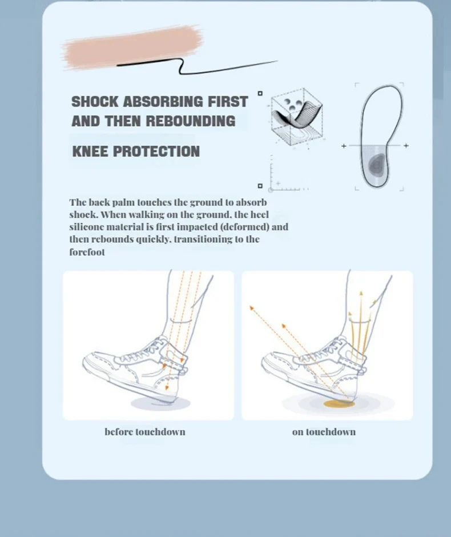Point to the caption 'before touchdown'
tap(145, 431)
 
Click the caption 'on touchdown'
tap(324, 431)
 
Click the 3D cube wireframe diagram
tap(296, 117)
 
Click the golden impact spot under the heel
tap(339, 404)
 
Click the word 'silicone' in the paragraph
tap(88, 227)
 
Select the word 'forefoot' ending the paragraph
tap(87, 252)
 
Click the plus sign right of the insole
tap(406, 146)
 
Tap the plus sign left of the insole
tap(344, 146)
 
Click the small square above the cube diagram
tap(260, 93)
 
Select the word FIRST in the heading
tap(227, 102)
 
